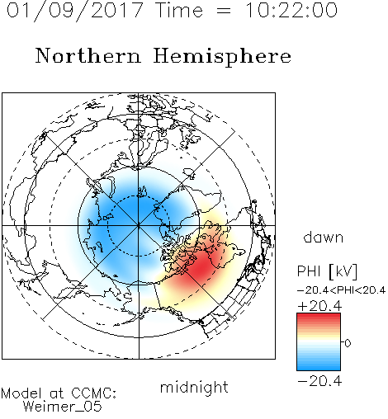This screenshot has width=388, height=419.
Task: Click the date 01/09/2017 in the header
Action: click(x=75, y=11)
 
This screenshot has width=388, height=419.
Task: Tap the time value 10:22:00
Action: click(x=291, y=11)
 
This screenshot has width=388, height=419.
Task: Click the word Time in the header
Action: click(x=179, y=11)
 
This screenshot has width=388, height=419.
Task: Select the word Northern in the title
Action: click(x=88, y=56)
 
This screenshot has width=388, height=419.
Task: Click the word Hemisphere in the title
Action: click(x=222, y=57)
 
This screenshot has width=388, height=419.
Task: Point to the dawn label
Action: click(x=324, y=237)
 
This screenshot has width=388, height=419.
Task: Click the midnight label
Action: click(x=194, y=387)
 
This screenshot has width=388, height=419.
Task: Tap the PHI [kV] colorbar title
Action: click(x=327, y=271)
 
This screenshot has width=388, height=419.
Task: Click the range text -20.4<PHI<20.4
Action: click(x=342, y=290)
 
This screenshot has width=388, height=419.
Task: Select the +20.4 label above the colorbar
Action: click(x=319, y=306)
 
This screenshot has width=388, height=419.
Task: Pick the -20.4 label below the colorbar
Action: click(x=319, y=381)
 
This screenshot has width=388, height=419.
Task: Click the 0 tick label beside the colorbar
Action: click(x=348, y=343)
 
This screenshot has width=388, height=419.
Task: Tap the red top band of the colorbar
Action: click(x=319, y=316)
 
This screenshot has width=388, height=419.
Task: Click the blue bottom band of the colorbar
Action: click(x=319, y=367)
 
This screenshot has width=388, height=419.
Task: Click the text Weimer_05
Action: click(x=63, y=407)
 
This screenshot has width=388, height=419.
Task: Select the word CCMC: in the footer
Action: click(x=94, y=393)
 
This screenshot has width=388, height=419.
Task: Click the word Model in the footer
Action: click(x=21, y=393)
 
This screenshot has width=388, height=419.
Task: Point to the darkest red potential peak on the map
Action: click(x=202, y=266)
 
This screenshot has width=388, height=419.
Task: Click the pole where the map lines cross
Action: click(x=139, y=225)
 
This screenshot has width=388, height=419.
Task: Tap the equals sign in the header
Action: click(x=224, y=11)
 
